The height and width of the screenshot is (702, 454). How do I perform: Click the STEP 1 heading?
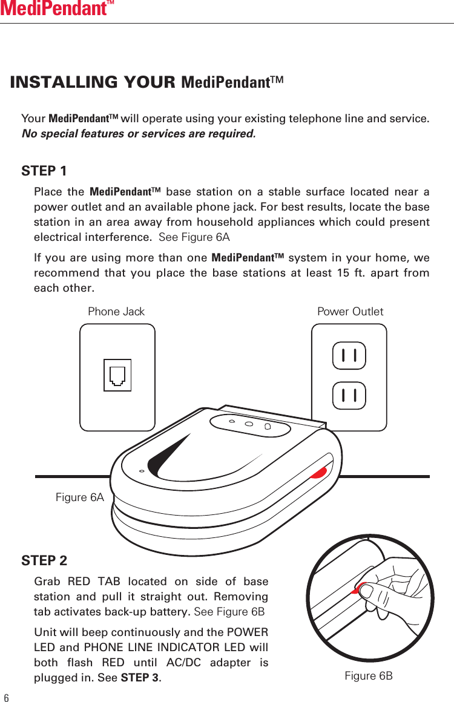(x=44, y=171)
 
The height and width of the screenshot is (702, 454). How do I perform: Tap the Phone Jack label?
(x=116, y=312)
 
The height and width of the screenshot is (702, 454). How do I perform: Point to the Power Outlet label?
(x=350, y=312)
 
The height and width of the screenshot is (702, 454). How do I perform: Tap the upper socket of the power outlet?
(x=349, y=355)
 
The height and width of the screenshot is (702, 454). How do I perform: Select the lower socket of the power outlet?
(x=349, y=396)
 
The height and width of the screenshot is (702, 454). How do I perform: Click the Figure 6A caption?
(x=80, y=497)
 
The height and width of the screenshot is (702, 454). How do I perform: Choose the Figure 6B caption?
(x=368, y=675)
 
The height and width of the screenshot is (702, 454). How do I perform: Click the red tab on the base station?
(x=319, y=471)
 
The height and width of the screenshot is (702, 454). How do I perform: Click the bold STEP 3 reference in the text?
(x=139, y=677)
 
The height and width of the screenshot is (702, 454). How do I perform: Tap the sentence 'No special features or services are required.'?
(x=139, y=133)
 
